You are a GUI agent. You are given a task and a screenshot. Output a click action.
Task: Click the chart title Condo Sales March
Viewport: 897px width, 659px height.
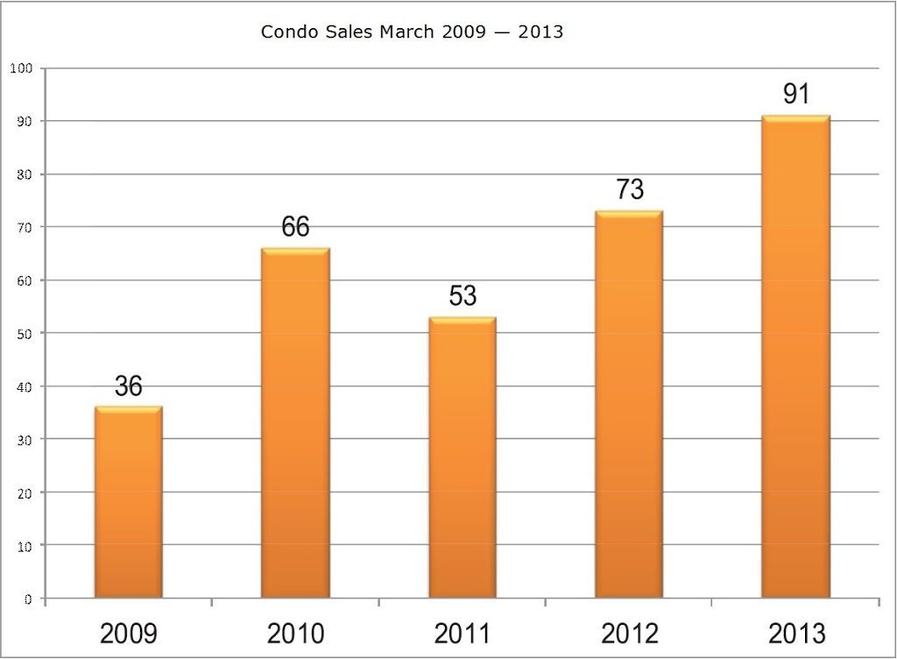tap(412, 32)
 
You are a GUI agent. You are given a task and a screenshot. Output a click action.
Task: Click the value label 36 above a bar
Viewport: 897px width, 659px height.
tap(128, 386)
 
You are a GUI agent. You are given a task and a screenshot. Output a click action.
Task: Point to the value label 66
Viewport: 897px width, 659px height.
tap(295, 227)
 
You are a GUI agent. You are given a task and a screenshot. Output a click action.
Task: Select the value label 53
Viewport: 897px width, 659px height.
tap(463, 295)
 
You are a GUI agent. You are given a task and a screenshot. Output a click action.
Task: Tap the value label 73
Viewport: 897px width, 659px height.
tap(629, 189)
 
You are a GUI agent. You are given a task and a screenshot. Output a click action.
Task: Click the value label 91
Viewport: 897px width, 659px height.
tap(795, 94)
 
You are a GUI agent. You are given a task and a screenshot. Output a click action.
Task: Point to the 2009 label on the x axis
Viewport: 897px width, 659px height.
tap(128, 633)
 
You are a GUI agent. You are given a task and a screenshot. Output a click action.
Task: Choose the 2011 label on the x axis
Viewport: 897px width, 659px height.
tap(463, 633)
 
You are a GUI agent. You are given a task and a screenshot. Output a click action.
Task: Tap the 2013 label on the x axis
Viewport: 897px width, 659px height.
tap(795, 633)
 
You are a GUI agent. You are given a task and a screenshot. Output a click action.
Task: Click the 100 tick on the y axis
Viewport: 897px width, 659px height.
tap(22, 68)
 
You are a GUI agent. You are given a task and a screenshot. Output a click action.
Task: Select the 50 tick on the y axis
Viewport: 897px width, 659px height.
tap(25, 333)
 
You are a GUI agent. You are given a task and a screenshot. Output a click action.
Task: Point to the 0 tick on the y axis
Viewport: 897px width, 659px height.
tap(29, 599)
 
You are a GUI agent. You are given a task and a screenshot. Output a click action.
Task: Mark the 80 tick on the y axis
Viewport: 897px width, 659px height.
tap(25, 174)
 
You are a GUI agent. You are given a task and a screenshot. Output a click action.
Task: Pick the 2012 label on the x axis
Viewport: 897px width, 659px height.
tap(629, 633)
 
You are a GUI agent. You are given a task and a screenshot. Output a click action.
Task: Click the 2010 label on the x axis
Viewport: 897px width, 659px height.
tap(295, 633)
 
